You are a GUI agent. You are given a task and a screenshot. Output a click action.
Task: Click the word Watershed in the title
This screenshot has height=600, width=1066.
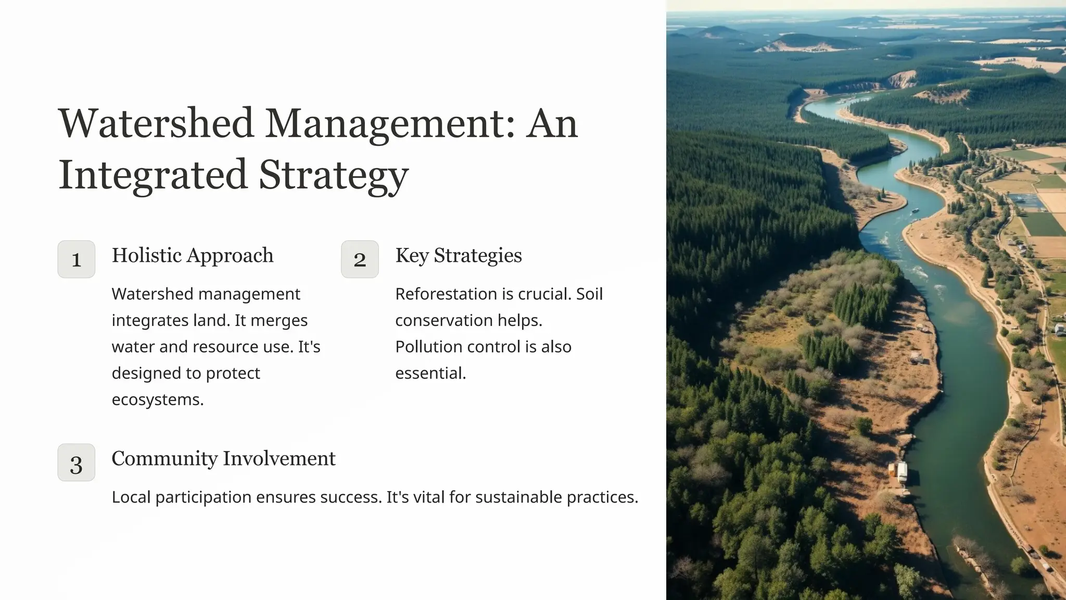pos(156,123)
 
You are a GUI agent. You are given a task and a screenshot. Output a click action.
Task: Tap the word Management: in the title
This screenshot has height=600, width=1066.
pos(390,123)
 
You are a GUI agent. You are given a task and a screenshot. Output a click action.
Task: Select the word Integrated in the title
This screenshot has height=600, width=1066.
pos(153,174)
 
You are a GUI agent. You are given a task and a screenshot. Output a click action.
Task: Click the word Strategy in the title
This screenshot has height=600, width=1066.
pos(334,174)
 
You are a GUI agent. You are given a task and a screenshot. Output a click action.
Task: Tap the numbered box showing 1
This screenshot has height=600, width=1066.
pos(77,259)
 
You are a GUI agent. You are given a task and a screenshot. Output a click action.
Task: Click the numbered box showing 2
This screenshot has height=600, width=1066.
pos(360,259)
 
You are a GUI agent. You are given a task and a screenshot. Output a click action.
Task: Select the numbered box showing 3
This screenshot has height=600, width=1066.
pos(77,463)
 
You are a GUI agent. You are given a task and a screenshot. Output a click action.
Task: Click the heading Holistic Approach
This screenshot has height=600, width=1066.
pos(193,255)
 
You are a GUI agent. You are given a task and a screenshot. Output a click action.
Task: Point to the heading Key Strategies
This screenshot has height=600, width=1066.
pos(459,255)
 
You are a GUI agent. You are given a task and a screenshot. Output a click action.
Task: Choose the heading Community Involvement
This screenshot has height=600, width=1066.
pos(223,458)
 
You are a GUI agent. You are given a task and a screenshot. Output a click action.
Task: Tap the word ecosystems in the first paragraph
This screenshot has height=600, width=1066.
pos(157,399)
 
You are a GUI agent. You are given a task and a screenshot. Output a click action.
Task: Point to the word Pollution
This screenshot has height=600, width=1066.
pos(425,347)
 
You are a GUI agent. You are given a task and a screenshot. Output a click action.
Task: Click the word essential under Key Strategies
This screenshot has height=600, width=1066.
pos(430,373)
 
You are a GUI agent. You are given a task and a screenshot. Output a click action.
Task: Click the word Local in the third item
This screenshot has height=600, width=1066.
pos(131,497)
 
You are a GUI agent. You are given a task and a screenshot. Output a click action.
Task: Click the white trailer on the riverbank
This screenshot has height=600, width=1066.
pos(902,472)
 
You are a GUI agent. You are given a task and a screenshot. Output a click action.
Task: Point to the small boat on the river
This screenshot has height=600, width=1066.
pos(915,211)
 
